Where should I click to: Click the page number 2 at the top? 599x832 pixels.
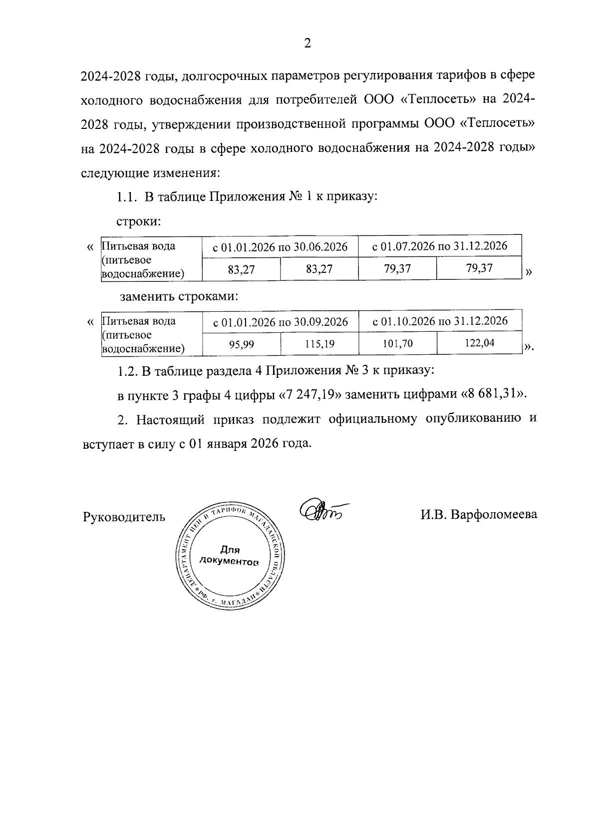[307, 43]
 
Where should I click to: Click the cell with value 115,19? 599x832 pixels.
[319, 344]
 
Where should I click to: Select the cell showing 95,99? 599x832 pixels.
[242, 344]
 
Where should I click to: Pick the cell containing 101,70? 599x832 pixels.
[398, 344]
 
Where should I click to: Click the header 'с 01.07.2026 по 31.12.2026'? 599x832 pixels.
[440, 246]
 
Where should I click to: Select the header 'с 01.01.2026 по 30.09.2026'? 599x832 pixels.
[281, 321]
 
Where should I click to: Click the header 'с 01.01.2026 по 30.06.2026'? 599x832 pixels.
[280, 246]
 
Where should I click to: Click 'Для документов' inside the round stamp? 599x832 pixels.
[229, 556]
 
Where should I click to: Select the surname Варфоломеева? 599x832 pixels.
[494, 514]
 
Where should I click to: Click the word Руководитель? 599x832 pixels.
[124, 516]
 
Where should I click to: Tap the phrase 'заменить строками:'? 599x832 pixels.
[179, 296]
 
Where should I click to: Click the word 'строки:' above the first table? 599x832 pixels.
[138, 221]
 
